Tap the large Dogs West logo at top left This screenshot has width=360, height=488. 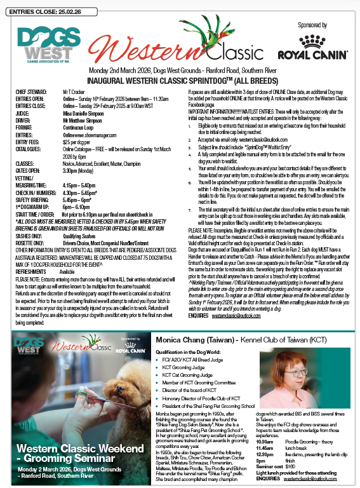(x=41, y=43)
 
